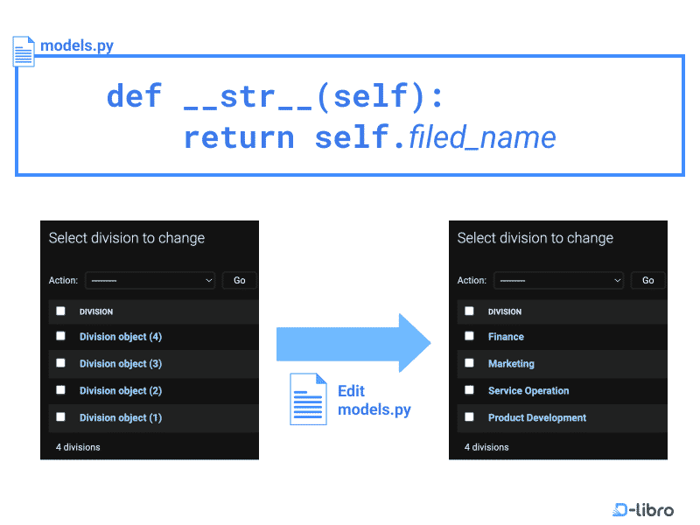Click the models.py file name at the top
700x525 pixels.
pos(77,45)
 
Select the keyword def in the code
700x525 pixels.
pos(134,95)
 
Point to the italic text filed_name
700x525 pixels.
pos(482,137)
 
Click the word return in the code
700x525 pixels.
pos(239,137)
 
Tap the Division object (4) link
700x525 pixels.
pos(121,337)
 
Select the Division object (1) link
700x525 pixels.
pos(121,418)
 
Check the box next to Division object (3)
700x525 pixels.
pos(60,363)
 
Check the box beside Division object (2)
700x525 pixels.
pos(60,390)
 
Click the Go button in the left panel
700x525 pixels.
pos(239,281)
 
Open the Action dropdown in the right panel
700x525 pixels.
pos(558,281)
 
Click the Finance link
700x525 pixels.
pos(506,337)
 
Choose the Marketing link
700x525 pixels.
pos(511,364)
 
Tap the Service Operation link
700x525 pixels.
pos(528,391)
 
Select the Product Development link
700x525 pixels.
pos(537,418)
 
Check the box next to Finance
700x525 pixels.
pos(469,336)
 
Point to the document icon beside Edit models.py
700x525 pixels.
pos(308,399)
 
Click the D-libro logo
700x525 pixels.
pos(643,509)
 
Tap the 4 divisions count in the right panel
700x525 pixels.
pos(486,447)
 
